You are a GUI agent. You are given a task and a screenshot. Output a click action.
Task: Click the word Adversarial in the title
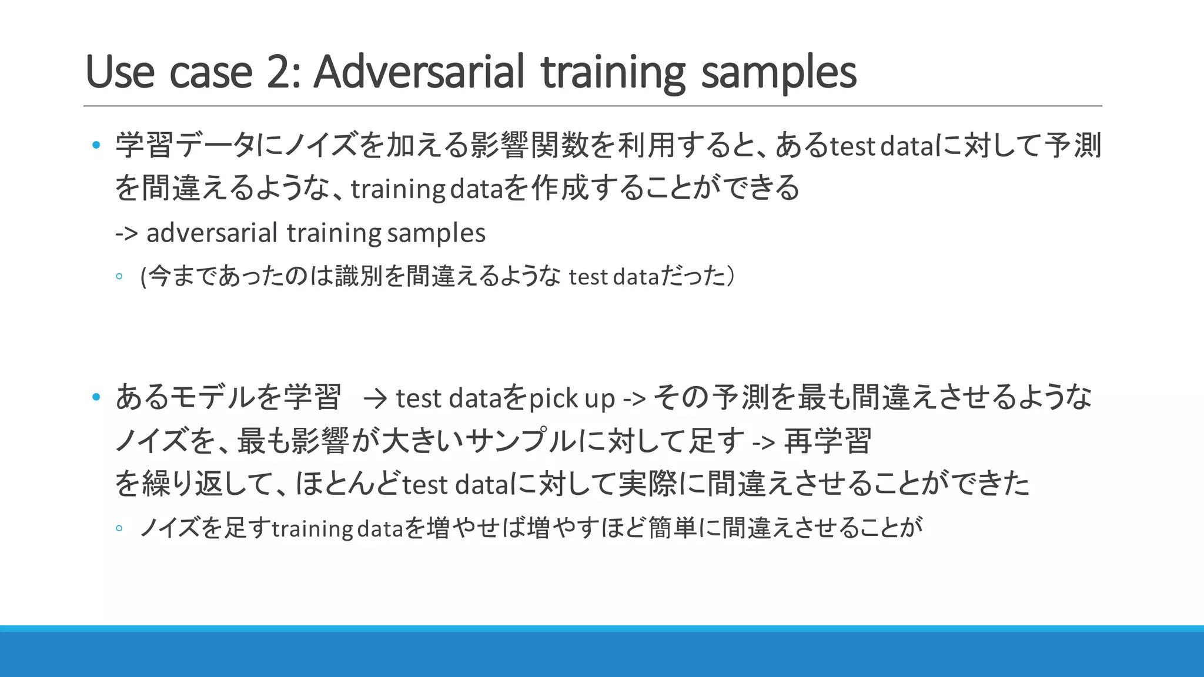(x=419, y=72)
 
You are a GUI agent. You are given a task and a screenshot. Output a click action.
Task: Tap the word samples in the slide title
(x=779, y=73)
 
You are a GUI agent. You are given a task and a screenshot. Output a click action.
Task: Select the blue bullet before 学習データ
(x=96, y=145)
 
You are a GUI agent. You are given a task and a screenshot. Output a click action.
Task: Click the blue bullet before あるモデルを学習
(x=96, y=397)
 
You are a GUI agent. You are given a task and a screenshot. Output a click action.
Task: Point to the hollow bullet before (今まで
(x=119, y=276)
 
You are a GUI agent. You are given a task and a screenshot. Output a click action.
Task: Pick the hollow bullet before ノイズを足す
(x=119, y=528)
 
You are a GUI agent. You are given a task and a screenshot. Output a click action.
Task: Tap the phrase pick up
(x=571, y=398)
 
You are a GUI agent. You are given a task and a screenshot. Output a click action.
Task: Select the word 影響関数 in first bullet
(x=528, y=145)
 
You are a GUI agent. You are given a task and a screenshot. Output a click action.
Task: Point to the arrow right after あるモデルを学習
(x=375, y=399)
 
